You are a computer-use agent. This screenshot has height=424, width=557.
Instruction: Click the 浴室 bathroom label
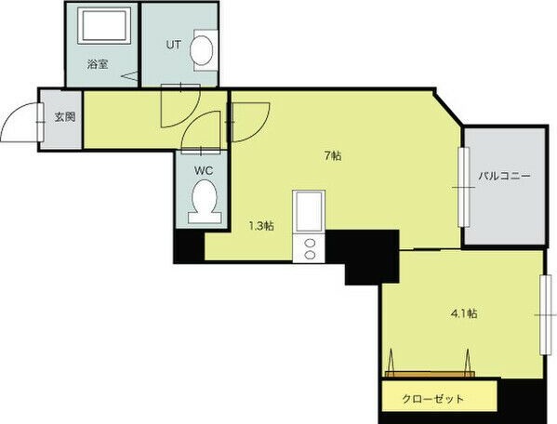click(x=98, y=65)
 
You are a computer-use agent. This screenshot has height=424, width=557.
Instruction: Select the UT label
click(x=173, y=46)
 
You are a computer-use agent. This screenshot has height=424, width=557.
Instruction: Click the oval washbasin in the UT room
click(x=202, y=50)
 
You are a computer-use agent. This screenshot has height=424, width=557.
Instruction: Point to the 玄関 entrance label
click(x=65, y=116)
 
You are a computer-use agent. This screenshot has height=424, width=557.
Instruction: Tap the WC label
click(x=204, y=170)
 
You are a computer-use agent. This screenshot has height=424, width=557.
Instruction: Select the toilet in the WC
click(x=205, y=202)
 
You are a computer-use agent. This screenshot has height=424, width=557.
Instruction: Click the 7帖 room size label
click(x=333, y=155)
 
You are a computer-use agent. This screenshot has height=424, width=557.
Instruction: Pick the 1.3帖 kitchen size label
click(x=261, y=226)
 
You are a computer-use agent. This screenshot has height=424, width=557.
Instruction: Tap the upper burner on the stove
click(x=310, y=244)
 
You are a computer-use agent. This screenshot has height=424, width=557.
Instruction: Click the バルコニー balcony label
click(x=504, y=176)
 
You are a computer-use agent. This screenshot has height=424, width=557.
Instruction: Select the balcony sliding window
click(x=463, y=187)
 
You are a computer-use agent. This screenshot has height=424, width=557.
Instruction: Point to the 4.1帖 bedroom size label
click(x=464, y=313)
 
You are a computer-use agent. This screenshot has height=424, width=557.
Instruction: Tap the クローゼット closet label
click(x=433, y=399)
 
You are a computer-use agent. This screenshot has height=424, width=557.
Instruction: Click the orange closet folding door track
click(x=430, y=374)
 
